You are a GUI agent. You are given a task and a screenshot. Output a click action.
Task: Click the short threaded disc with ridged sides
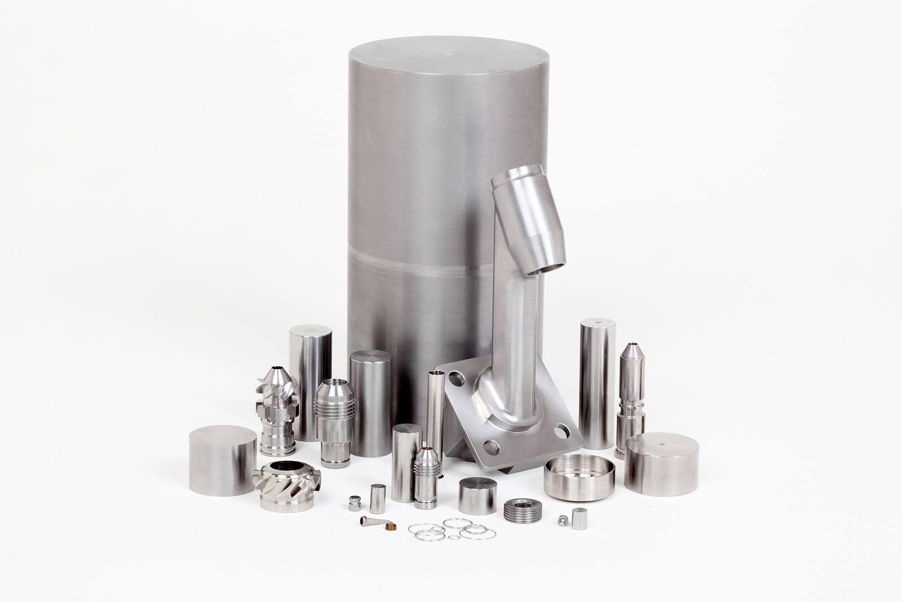(x=523, y=510)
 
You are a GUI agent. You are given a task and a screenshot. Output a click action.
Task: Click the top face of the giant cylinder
(x=449, y=56)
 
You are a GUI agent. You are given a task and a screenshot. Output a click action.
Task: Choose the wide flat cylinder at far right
(x=661, y=464)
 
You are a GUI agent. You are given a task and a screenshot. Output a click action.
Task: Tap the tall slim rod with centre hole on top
(x=597, y=383)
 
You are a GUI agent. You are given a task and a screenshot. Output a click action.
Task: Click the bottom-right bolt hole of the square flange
(x=561, y=432)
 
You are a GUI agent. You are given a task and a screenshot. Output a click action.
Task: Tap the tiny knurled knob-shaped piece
(x=355, y=503)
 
